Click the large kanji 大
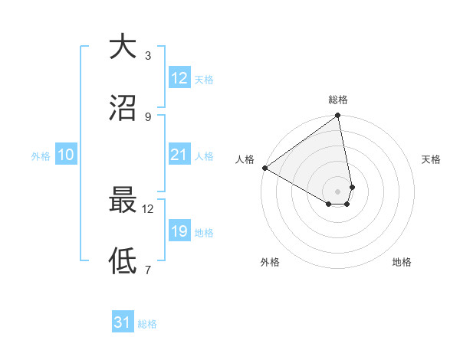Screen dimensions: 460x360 point(122,47)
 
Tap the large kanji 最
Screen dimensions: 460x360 point(122,200)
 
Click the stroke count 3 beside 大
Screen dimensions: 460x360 point(148,56)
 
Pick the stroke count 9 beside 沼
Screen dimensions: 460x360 point(148,116)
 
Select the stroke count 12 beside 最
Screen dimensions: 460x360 point(147,208)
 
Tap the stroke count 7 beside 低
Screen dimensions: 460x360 point(148,270)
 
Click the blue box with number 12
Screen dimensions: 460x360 point(179,77)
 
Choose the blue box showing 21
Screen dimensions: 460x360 point(179,155)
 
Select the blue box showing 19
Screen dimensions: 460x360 point(179,231)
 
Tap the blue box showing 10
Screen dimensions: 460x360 point(66,155)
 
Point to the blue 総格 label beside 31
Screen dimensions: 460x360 point(147,324)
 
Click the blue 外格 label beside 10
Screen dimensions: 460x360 point(41,156)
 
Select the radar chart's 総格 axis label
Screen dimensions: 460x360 point(338,100)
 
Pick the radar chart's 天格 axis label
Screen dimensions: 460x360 point(432,159)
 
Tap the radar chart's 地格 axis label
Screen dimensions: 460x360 point(402,262)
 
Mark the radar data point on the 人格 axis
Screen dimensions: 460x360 point(264,168)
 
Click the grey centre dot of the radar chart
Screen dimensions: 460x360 point(338,191)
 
